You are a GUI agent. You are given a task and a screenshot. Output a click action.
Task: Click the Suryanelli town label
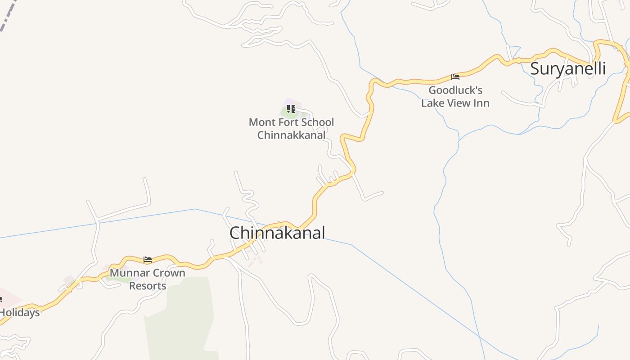567,69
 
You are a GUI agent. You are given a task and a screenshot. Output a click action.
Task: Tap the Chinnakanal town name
277,233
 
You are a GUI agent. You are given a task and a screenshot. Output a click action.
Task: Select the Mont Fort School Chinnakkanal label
291,129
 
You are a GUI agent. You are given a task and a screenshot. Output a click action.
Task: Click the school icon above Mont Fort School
291,109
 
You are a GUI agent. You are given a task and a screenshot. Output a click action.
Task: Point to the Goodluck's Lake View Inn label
455,96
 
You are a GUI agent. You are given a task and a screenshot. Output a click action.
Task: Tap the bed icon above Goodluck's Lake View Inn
455,77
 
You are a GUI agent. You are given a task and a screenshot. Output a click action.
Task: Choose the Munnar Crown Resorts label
148,279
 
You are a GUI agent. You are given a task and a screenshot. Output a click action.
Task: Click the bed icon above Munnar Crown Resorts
148,260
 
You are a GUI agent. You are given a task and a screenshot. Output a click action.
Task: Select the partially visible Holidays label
20,312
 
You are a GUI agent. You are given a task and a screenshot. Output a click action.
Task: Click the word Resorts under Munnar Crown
148,286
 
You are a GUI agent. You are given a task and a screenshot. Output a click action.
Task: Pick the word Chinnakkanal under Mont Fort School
291,135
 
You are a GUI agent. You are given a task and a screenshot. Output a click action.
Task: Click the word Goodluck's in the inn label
455,90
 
